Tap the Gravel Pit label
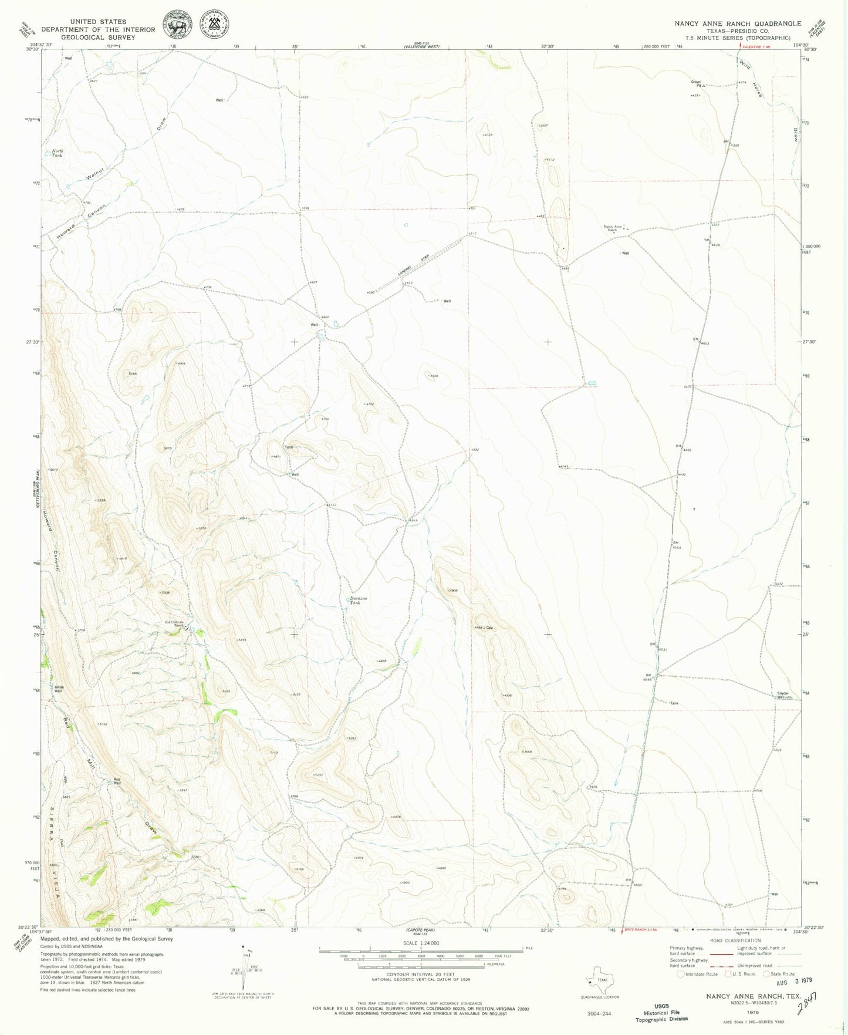(x=696, y=83)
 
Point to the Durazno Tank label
(x=356, y=600)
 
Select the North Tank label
(x=58, y=153)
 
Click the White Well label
(x=58, y=689)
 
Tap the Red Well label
(x=117, y=781)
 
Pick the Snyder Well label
(x=783, y=695)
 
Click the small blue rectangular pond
(x=592, y=383)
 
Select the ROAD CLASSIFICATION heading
(x=735, y=940)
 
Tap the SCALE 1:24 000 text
(x=420, y=943)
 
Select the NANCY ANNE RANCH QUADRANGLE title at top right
(x=737, y=23)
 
